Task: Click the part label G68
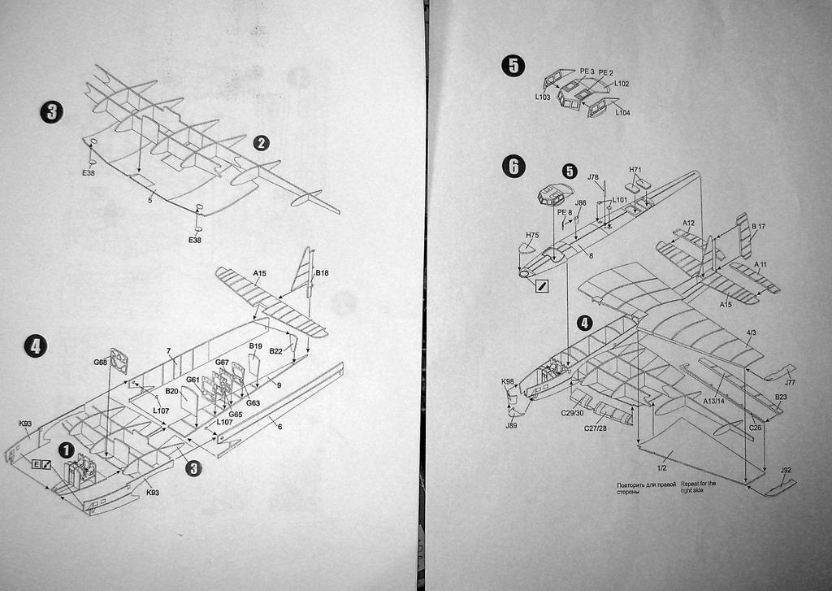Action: coord(101,362)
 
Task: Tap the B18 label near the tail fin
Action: coord(322,273)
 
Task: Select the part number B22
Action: coord(276,351)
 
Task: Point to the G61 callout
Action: coord(193,380)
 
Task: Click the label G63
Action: coord(253,403)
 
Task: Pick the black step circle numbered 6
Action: coord(513,167)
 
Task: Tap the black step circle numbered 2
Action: coord(261,143)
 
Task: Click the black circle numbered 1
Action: coord(66,450)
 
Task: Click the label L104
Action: coord(622,112)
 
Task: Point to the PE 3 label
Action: coord(587,72)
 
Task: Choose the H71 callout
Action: coord(636,170)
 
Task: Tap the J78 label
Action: coord(593,177)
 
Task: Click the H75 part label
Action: coord(532,236)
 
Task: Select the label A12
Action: coord(689,223)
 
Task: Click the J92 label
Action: coord(785,470)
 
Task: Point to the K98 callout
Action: coord(508,381)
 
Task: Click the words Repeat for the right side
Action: coord(699,487)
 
